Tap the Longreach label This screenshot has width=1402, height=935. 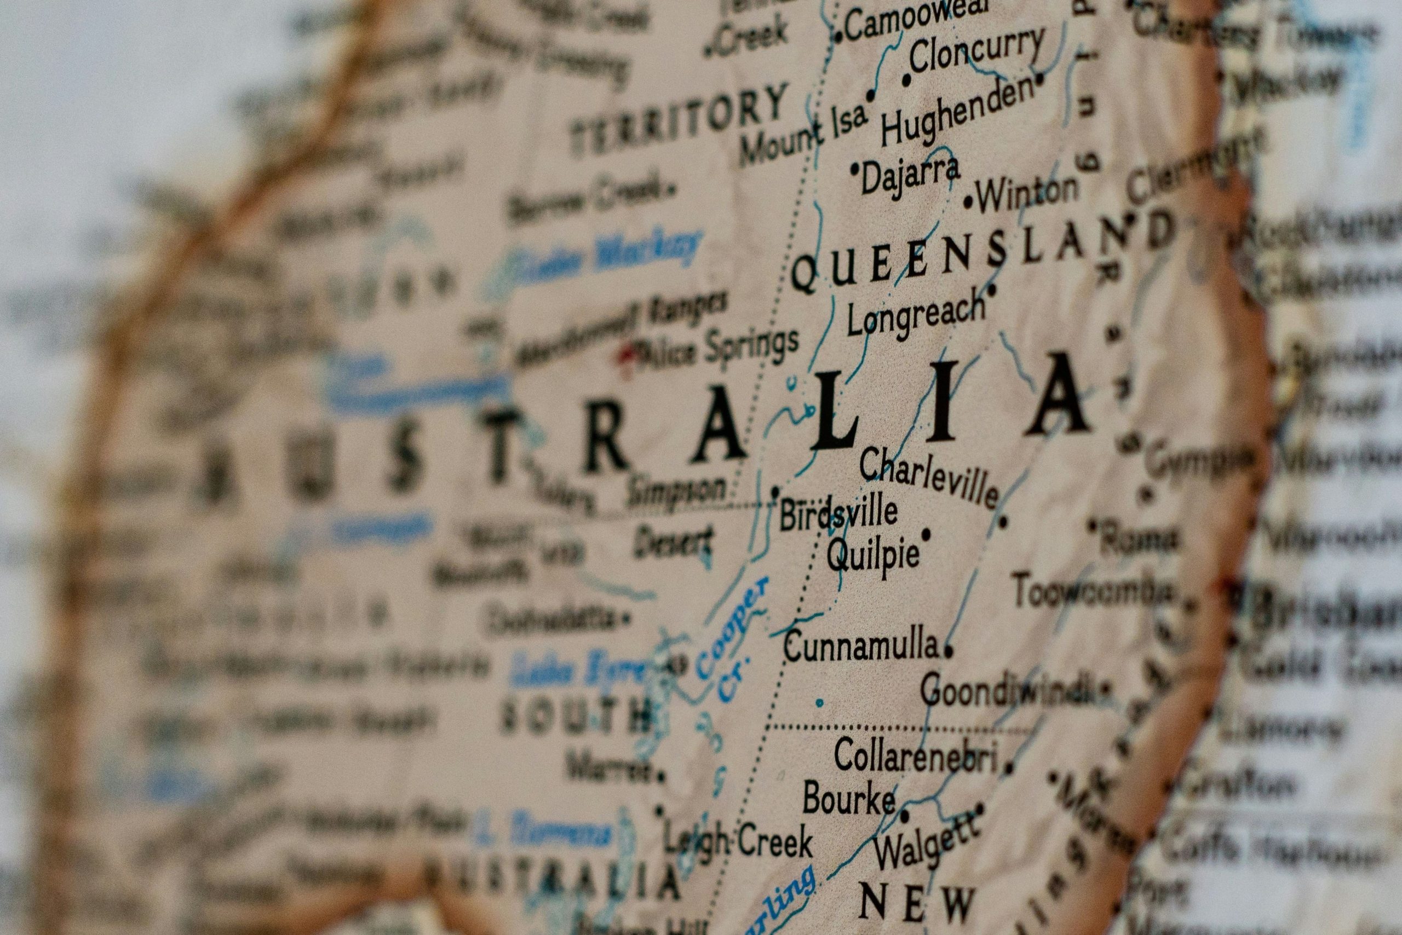[x=916, y=316]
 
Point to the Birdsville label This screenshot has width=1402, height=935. [x=838, y=513]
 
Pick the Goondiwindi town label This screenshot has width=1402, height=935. [x=1008, y=692]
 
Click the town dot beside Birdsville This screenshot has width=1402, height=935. [x=775, y=492]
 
